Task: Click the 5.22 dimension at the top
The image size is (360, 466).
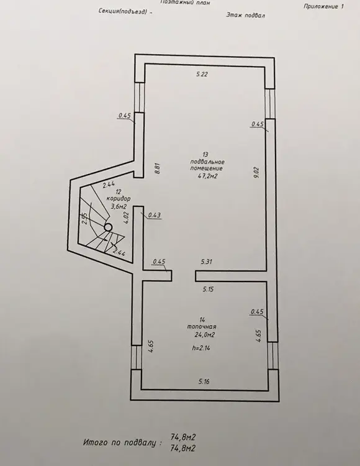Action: (202, 75)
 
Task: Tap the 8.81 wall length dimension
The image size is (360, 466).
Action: (158, 169)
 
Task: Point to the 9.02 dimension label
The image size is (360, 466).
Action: (257, 172)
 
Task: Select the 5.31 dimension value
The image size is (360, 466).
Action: (207, 262)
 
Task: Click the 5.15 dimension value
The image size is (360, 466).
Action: (208, 289)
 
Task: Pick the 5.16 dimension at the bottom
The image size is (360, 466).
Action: (204, 381)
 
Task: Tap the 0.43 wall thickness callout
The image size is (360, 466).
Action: (155, 215)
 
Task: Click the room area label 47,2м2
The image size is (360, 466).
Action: (208, 176)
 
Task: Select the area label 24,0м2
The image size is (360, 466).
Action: (204, 335)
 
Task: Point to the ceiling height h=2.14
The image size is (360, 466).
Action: (201, 348)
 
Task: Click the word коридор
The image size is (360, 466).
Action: (119, 199)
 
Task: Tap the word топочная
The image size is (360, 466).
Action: (202, 327)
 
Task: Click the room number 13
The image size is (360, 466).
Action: (205, 155)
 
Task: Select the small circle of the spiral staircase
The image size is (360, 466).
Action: (108, 227)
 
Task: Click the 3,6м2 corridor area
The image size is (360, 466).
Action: (119, 206)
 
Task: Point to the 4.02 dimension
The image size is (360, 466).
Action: (127, 217)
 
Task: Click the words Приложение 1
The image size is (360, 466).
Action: (323, 6)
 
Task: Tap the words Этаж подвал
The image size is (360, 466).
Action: (245, 15)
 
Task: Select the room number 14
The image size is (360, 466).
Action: (202, 320)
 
